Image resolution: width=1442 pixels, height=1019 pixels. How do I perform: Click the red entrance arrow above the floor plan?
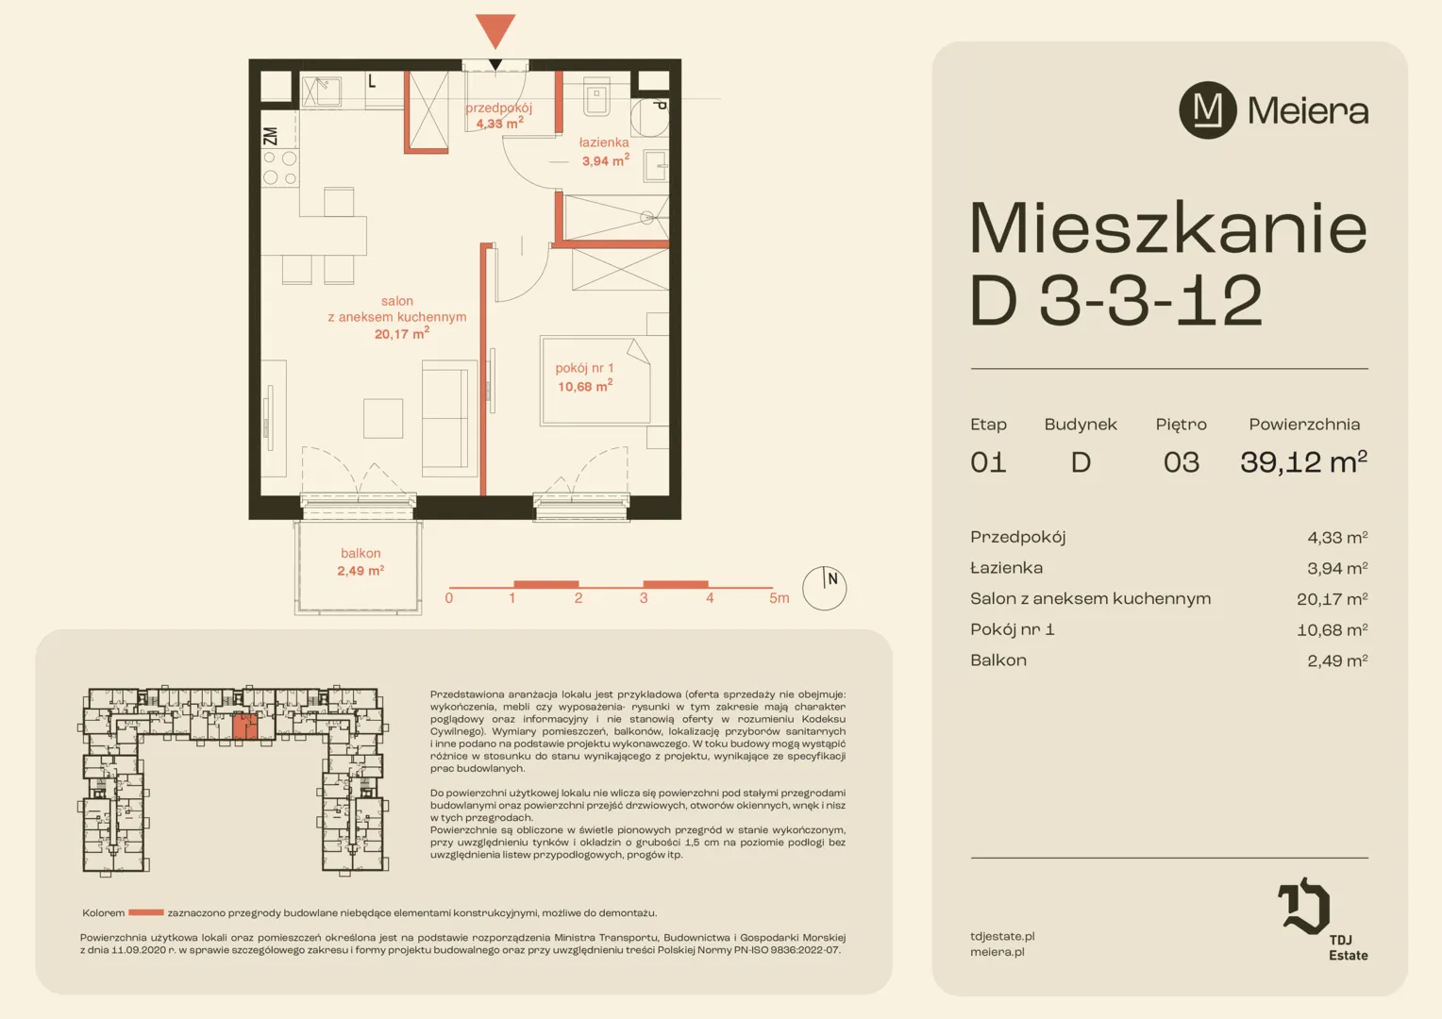(495, 29)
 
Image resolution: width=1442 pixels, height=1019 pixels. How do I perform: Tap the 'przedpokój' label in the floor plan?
(499, 108)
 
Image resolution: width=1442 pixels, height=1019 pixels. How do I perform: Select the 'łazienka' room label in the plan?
(604, 142)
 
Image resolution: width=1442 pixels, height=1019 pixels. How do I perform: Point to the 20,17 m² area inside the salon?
(402, 333)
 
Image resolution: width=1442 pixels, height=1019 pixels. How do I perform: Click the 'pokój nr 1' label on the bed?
(584, 368)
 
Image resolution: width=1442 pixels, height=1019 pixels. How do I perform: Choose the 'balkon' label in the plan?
(360, 553)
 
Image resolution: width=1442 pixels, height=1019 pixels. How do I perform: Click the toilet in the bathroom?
(596, 97)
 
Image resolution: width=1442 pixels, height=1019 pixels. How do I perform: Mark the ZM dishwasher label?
(270, 137)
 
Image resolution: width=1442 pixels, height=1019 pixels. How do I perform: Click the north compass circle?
(824, 589)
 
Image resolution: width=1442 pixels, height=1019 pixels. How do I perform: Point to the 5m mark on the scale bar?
(779, 598)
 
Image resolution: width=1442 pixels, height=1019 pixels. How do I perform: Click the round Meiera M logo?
(1208, 110)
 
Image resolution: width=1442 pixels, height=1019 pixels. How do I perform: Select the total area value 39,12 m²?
(1303, 461)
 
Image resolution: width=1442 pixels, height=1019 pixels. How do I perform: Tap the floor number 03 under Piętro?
(1182, 462)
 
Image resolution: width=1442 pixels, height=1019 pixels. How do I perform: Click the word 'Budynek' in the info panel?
(1081, 425)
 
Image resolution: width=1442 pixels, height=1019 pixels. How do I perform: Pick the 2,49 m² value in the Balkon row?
(1337, 660)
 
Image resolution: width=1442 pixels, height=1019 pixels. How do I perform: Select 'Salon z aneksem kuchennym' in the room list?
(1091, 598)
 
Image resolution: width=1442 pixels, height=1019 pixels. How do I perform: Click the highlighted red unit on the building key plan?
(244, 727)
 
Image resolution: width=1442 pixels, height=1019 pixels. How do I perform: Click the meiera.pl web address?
(998, 952)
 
